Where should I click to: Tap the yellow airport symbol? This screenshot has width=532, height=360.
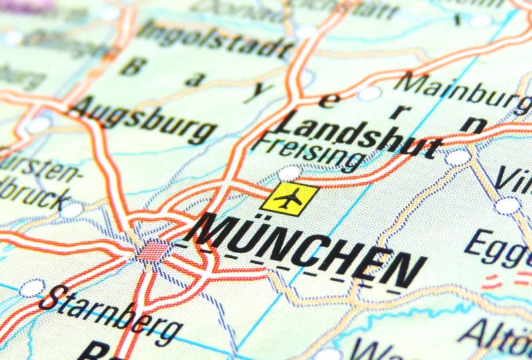pyautogui.click(x=290, y=198)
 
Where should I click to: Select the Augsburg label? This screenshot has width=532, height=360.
pyautogui.click(x=142, y=120)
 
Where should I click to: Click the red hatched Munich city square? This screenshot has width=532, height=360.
pyautogui.click(x=154, y=252)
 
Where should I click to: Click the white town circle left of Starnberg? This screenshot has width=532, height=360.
pyautogui.click(x=31, y=288)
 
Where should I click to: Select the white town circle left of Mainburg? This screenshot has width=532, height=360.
pyautogui.click(x=370, y=93)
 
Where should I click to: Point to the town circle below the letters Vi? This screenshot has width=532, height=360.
pyautogui.click(x=507, y=206)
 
